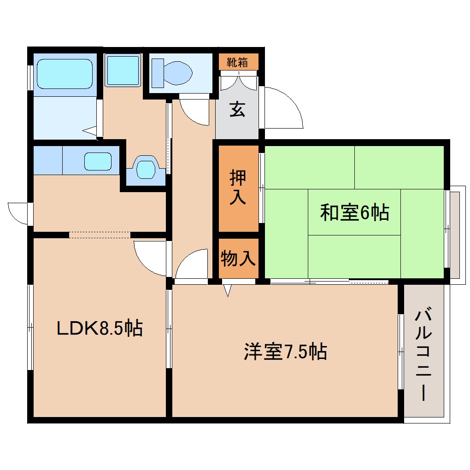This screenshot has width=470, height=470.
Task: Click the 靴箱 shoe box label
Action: [238, 62]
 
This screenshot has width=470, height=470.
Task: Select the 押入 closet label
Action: [238, 188]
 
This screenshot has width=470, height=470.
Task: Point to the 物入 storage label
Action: [238, 259]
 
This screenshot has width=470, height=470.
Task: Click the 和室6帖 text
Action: [354, 213]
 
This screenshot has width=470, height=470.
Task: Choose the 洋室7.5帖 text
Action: [285, 352]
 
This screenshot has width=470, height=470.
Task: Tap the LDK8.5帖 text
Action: [99, 329]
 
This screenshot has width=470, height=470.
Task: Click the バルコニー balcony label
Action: [423, 355]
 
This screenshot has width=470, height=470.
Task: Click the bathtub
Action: [64, 74]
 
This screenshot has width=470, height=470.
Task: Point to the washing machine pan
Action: [122, 70]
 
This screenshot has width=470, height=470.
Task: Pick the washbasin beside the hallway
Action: [146, 168]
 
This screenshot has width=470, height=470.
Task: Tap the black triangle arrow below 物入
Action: [227, 290]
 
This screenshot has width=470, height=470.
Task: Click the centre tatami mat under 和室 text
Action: [354, 212]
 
